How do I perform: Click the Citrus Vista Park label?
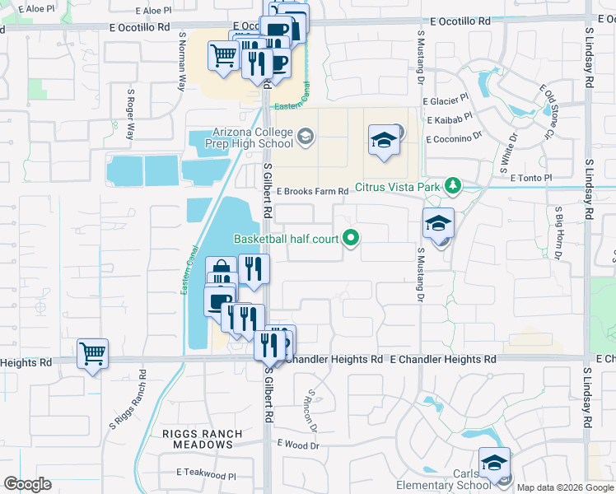(399, 188)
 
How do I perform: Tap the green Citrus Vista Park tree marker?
(451, 187)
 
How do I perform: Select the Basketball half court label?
(287, 239)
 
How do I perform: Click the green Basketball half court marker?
(352, 239)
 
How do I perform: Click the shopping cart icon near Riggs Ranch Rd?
(92, 354)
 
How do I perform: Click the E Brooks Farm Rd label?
(312, 191)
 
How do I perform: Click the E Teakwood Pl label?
(206, 474)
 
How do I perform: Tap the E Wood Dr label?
(298, 445)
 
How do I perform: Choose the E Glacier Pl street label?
(447, 101)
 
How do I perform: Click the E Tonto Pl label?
(530, 178)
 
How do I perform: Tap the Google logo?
(27, 484)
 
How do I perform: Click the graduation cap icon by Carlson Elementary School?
(494, 462)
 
